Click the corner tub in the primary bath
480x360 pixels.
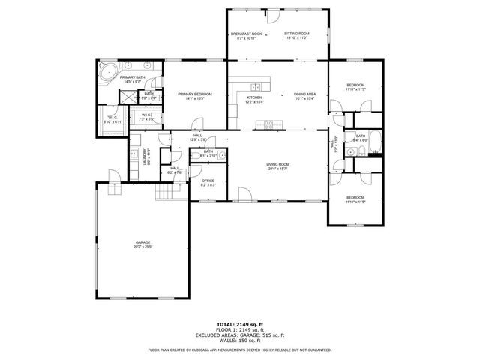tap(106, 73)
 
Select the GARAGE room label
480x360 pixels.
tap(142, 242)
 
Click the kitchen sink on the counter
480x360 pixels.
tap(256, 85)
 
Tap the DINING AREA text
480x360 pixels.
tap(305, 94)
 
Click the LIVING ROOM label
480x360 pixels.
tap(277, 164)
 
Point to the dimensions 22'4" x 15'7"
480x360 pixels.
tap(277, 169)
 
